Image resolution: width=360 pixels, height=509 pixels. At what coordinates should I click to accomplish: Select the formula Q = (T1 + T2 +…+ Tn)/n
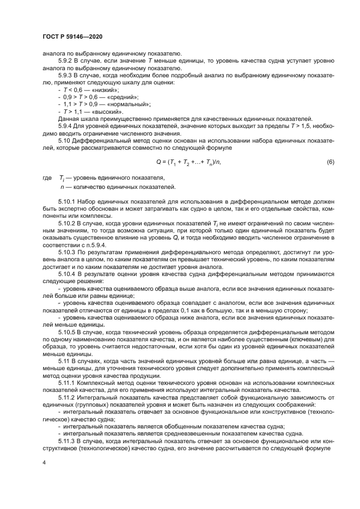coord(188,162)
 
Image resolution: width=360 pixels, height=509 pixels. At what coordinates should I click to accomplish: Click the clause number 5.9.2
coord(66,60)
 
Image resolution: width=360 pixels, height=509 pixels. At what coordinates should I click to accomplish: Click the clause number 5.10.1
coord(69,202)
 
